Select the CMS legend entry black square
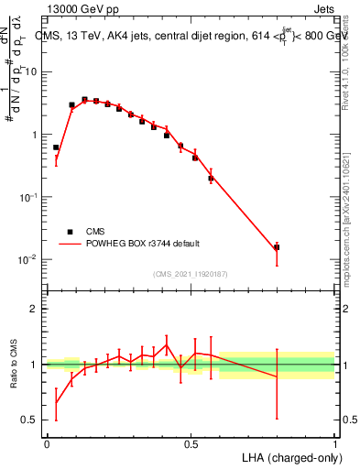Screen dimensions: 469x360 [70, 232]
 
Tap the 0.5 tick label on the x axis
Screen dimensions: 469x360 [191, 442]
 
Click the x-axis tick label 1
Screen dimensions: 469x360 [335, 442]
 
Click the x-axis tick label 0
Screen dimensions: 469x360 [47, 442]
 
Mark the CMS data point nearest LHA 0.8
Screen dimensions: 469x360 [277, 247]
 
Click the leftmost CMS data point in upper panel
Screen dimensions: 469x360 [56, 147]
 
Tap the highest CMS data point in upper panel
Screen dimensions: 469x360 [84, 99]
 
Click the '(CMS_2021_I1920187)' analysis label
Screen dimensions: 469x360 [190, 274]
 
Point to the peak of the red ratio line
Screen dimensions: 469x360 [166, 345]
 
